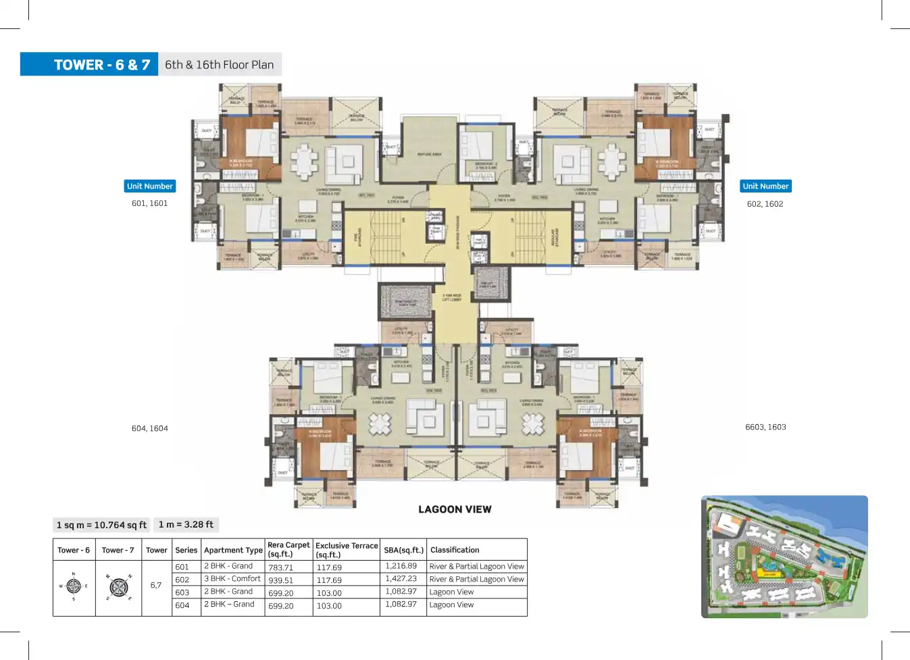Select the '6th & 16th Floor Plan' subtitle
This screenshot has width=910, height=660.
[220, 65]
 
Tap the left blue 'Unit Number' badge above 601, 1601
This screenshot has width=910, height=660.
[150, 186]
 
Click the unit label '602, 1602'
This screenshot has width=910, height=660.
[765, 204]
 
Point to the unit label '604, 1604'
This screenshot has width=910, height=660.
[150, 428]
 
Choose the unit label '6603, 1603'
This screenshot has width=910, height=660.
[765, 427]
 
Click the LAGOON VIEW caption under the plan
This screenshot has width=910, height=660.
[455, 509]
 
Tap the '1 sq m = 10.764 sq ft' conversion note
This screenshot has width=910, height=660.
[101, 525]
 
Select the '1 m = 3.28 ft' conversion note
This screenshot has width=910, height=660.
[186, 524]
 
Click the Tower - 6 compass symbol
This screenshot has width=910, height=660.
[74, 586]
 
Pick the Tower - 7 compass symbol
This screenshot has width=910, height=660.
[118, 587]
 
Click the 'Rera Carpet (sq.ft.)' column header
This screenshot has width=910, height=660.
[288, 549]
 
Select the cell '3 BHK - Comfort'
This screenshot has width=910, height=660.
[232, 579]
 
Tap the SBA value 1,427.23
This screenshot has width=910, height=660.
[401, 579]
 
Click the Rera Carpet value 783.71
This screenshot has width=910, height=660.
[280, 567]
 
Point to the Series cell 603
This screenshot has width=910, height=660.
[182, 592]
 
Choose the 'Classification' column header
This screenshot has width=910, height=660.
[455, 550]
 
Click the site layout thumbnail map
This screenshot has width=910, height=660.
[784, 557]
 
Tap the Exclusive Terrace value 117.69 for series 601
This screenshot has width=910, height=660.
[329, 567]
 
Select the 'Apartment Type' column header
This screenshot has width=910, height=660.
[233, 550]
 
